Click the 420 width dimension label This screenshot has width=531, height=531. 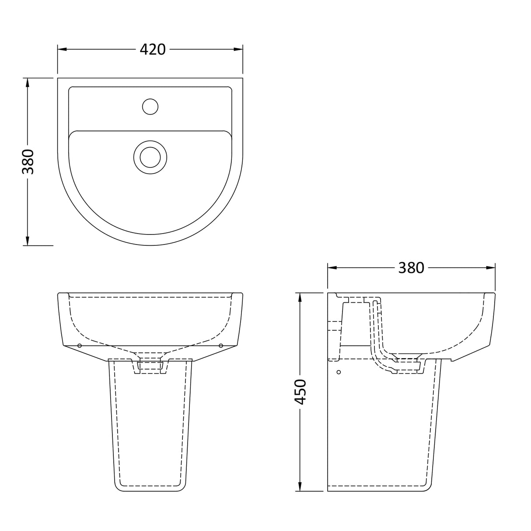pos(153,49)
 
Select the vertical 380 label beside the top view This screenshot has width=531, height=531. pos(28,161)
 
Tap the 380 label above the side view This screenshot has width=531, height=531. pos(411,268)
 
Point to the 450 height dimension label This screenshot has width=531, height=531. pos(300,391)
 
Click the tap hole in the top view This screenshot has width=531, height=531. pos(150,107)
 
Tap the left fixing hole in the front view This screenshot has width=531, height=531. pos(79,346)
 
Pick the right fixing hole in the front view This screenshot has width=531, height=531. pos(221,346)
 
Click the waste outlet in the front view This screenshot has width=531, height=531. pos(150,366)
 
